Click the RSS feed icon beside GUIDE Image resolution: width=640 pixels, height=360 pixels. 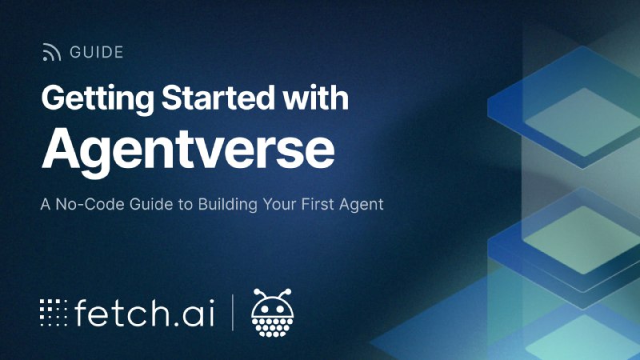51,52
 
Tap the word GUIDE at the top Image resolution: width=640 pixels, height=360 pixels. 96,52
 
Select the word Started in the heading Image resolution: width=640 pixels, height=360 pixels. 218,98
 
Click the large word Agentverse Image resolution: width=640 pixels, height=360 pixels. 188,150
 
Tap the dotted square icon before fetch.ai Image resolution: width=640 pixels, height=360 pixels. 54,313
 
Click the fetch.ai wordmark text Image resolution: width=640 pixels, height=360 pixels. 144,312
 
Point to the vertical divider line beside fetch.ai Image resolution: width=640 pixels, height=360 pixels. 233,312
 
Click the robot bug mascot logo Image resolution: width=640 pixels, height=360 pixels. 272,313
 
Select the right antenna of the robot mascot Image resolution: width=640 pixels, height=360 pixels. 285,294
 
